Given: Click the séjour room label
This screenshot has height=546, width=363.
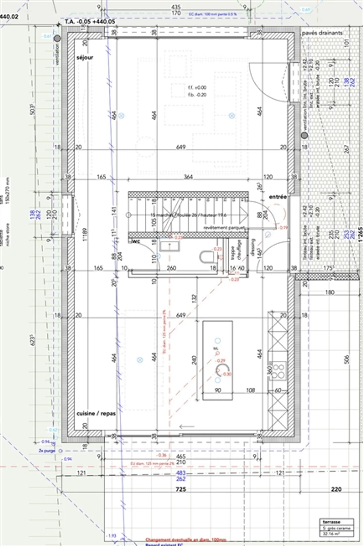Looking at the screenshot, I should tap(85, 58).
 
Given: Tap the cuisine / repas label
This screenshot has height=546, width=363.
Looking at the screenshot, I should tap(96, 414).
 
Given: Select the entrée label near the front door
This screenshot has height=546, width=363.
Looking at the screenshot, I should tap(278, 197).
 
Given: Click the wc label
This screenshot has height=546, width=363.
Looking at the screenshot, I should tap(136, 241).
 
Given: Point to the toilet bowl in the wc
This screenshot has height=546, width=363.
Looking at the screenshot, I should tap(206, 257).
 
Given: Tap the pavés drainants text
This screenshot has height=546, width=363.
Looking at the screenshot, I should tap(322, 33).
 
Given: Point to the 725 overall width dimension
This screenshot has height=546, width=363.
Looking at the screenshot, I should tap(181, 489).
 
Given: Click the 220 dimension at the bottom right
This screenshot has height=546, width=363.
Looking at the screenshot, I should tap(336, 489).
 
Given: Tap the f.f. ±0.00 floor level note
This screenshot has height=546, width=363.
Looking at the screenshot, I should tap(197, 88).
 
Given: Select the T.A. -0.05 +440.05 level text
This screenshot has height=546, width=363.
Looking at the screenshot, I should tap(90, 22).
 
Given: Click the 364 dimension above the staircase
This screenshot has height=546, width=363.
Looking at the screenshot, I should tap(188, 177).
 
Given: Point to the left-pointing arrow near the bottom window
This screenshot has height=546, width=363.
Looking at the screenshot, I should tap(187, 427).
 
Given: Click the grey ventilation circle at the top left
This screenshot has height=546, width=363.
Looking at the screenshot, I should tap(57, 39).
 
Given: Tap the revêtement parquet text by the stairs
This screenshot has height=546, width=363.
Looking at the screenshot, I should tap(224, 228).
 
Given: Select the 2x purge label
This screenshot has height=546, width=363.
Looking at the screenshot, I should tap(47, 451).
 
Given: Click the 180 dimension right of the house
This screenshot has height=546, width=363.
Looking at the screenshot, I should tap(330, 292).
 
